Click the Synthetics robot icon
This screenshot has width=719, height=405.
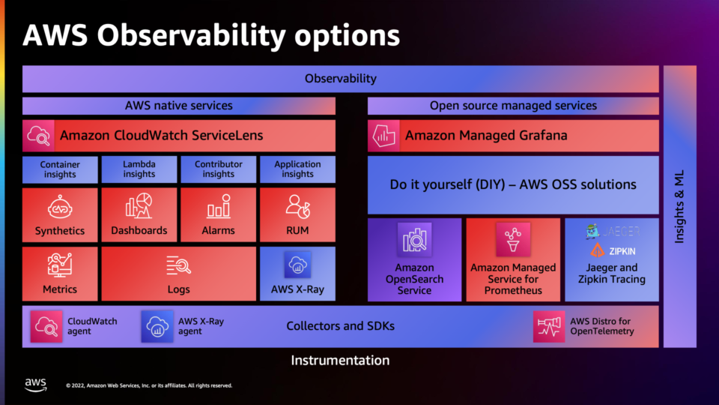(x=60, y=207)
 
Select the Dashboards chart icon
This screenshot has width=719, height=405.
(x=139, y=205)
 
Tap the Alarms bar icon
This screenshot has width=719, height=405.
(x=218, y=206)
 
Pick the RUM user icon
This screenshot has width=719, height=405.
(x=297, y=206)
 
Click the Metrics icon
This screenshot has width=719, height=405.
(x=60, y=265)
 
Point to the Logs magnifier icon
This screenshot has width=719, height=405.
(x=178, y=265)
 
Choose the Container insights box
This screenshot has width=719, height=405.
(x=60, y=169)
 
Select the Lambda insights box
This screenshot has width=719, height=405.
(x=139, y=169)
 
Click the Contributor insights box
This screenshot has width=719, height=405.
(x=218, y=169)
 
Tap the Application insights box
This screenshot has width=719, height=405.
(x=297, y=169)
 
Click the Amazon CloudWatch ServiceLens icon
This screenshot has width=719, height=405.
(x=38, y=136)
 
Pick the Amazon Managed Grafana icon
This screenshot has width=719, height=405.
(x=383, y=136)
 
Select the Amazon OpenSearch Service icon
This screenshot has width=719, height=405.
(x=414, y=240)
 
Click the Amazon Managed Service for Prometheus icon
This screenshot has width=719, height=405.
(x=513, y=240)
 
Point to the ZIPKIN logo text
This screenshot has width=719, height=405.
(x=622, y=251)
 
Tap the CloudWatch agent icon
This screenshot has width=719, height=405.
(x=46, y=326)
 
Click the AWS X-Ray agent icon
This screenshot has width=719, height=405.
(x=157, y=326)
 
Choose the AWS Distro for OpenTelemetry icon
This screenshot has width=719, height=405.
(x=549, y=326)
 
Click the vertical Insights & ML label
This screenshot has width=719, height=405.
(x=679, y=207)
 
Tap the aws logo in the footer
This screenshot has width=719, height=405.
(x=36, y=385)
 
